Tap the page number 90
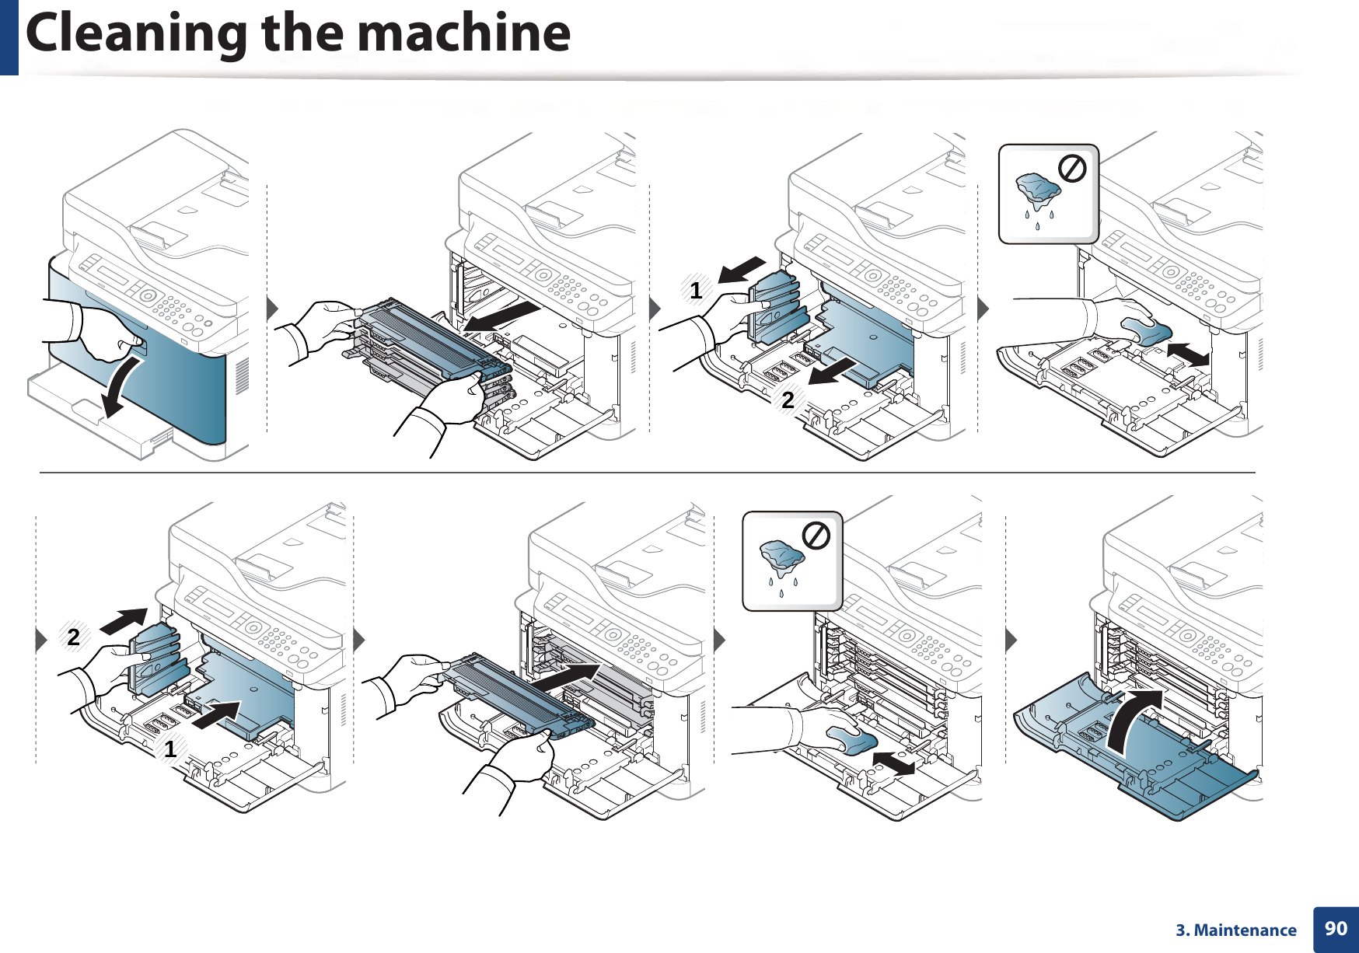[1336, 929]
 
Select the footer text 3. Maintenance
[1235, 930]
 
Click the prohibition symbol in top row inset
[1072, 168]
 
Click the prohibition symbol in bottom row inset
[816, 536]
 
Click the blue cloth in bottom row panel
[851, 739]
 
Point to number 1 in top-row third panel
[696, 291]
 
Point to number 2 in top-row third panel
[788, 400]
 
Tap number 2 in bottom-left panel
[73, 637]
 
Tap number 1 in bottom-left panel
[170, 750]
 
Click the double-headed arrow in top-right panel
[1188, 354]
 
